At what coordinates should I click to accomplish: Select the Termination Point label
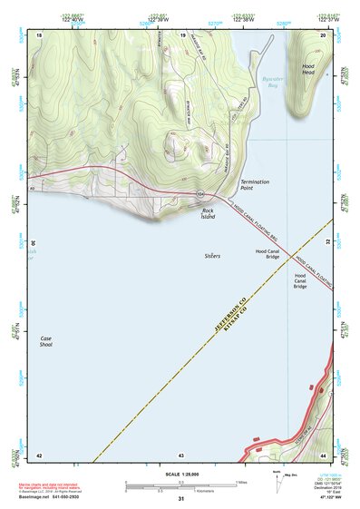(256, 185)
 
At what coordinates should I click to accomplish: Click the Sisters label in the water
(212, 256)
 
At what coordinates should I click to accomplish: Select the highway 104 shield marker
(199, 194)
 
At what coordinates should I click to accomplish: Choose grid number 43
(181, 454)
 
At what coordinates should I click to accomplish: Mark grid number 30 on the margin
(34, 243)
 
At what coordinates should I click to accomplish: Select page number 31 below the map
(180, 499)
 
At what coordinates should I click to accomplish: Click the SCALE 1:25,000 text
(180, 475)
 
